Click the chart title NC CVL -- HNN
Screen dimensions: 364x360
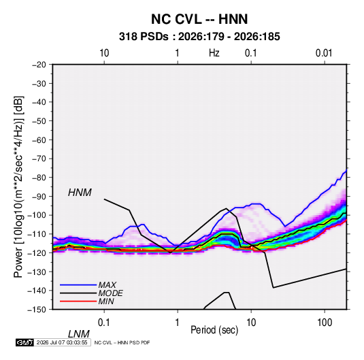[x=199, y=19]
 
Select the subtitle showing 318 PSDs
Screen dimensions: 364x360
[x=199, y=37]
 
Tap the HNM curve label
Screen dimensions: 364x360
[x=80, y=193]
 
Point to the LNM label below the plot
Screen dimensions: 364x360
[x=79, y=334]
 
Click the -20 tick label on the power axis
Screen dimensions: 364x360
[x=39, y=65]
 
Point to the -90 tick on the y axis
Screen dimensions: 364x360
[x=39, y=197]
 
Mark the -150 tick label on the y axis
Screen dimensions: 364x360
[x=37, y=310]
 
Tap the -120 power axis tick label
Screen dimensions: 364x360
[x=37, y=253]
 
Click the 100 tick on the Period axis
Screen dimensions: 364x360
[x=325, y=323]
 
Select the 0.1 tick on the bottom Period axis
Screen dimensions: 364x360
[x=104, y=323]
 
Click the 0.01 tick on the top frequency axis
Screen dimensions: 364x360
[x=324, y=53]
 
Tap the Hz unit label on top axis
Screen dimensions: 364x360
[x=214, y=53]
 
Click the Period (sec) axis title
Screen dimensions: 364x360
[x=214, y=330]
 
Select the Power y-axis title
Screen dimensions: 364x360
[x=19, y=186]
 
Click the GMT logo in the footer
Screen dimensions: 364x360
[x=25, y=342]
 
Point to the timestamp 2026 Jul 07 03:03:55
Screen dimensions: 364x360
[x=62, y=342]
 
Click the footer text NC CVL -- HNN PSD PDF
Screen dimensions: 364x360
[x=122, y=342]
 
